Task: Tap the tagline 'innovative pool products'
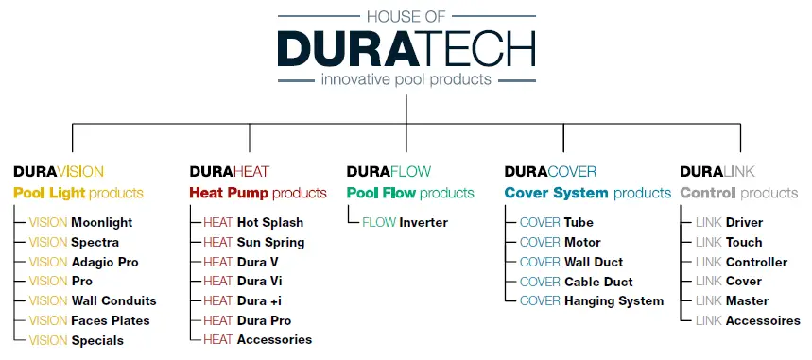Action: [x=406, y=79]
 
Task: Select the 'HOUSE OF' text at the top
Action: [x=406, y=15]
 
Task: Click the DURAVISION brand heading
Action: [x=59, y=172]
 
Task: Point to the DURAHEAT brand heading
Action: [x=230, y=172]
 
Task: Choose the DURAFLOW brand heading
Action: [x=389, y=172]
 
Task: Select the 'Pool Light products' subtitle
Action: [x=78, y=193]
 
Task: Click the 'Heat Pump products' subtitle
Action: [x=258, y=193]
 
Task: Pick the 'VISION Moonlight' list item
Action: [x=80, y=223]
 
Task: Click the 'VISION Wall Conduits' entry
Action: [x=93, y=300]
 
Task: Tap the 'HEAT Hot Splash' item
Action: [x=253, y=223]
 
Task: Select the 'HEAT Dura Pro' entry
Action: [x=247, y=320]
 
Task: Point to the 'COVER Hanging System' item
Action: [x=592, y=300]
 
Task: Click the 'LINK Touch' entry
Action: [x=729, y=242]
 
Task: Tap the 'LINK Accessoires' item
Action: [x=748, y=320]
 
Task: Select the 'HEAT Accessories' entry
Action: [x=257, y=339]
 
